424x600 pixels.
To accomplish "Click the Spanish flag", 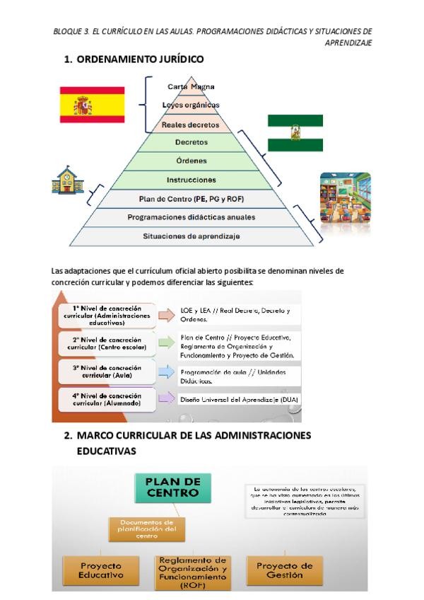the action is pos(92,105).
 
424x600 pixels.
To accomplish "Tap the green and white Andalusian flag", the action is pos(295,132).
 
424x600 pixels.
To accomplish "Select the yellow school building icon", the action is pos(68,180).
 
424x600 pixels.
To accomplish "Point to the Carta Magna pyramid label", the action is pos(192,86).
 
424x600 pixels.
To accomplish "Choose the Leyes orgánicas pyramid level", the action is pos(191,105).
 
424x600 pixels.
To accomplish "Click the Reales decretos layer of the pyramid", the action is pos(191,125).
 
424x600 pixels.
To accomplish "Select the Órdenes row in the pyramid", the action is pos(191,161).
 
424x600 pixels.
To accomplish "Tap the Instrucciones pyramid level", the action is pos(191,180).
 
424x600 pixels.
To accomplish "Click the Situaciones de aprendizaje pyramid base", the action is pos(191,236).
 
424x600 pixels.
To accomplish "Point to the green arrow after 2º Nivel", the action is pos(166,343).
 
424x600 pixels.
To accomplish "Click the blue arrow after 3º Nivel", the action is pos(166,372).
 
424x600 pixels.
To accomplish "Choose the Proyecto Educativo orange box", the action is pos(102,570).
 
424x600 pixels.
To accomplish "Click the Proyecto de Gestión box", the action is pos(284,570).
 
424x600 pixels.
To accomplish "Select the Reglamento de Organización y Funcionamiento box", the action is pos(192,572).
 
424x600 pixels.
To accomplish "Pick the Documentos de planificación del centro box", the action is pos(148,527).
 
